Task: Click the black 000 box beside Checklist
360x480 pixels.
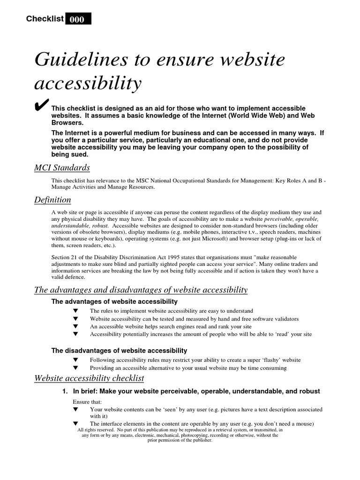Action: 78,19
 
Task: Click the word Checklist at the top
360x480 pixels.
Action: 45,19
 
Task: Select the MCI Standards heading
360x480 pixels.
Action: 62,168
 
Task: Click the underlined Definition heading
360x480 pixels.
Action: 53,200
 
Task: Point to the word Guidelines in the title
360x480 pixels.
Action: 75,60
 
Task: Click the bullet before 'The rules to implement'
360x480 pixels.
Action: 75,311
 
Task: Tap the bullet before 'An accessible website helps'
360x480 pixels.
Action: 75,326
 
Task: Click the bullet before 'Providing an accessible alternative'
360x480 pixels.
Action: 75,368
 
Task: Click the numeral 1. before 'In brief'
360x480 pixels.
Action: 66,391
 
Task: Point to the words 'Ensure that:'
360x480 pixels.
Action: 84,402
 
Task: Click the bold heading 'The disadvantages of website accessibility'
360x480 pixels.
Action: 119,351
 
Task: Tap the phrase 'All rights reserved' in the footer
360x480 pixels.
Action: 96,430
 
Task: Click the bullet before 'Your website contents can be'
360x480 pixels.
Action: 75,409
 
